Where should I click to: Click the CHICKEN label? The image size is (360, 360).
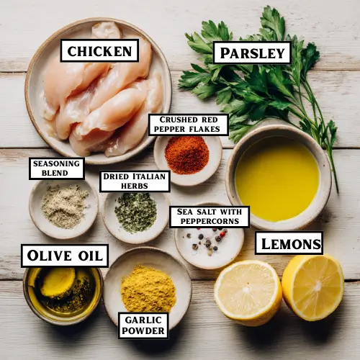pyautogui.click(x=99, y=50)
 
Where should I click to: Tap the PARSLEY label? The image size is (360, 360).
pyautogui.click(x=252, y=53)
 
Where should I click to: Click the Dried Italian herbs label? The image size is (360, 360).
pyautogui.click(x=135, y=181)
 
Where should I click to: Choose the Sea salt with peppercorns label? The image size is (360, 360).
pyautogui.click(x=209, y=217)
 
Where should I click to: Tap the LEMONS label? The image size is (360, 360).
pyautogui.click(x=289, y=243)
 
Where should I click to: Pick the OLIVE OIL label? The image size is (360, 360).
pyautogui.click(x=64, y=256)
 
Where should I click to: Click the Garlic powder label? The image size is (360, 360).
pyautogui.click(x=143, y=325)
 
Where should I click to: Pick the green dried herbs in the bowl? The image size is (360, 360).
pyautogui.click(x=135, y=212)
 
